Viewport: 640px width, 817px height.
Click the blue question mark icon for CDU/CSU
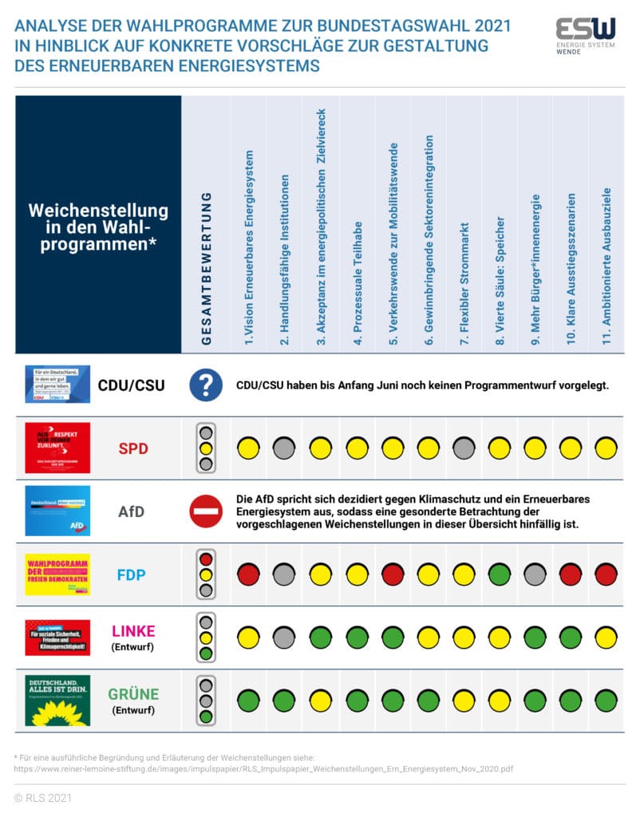pyautogui.click(x=205, y=385)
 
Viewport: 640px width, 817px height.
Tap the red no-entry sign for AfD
pyautogui.click(x=205, y=511)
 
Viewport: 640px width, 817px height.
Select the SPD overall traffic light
pyautogui.click(x=205, y=448)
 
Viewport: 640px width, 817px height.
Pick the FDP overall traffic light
pyautogui.click(x=205, y=574)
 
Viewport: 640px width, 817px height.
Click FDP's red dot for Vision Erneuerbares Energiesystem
pyautogui.click(x=249, y=574)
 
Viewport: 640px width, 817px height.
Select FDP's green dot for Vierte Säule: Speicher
pyautogui.click(x=500, y=574)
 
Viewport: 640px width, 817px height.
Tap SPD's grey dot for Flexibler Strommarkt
pyautogui.click(x=464, y=448)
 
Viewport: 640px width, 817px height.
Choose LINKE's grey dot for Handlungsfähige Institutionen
pyautogui.click(x=285, y=637)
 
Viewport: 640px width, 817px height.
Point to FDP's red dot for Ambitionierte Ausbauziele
pyautogui.click(x=606, y=574)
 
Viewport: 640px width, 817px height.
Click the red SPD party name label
pyautogui.click(x=132, y=448)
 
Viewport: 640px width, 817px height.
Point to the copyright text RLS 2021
pyautogui.click(x=40, y=797)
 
